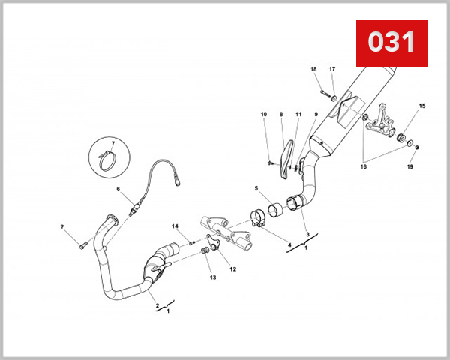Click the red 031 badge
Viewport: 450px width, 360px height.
391,43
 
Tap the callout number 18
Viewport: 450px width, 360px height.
314,69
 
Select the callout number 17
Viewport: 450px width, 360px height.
332,69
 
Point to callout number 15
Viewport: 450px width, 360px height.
422,106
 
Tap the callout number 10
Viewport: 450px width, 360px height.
264,114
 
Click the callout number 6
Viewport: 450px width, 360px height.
118,189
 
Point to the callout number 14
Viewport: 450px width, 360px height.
175,226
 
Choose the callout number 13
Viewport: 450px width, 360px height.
212,277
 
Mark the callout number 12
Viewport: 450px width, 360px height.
232,268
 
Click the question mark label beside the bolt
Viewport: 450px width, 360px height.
62,226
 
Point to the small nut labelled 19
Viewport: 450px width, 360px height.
417,147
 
